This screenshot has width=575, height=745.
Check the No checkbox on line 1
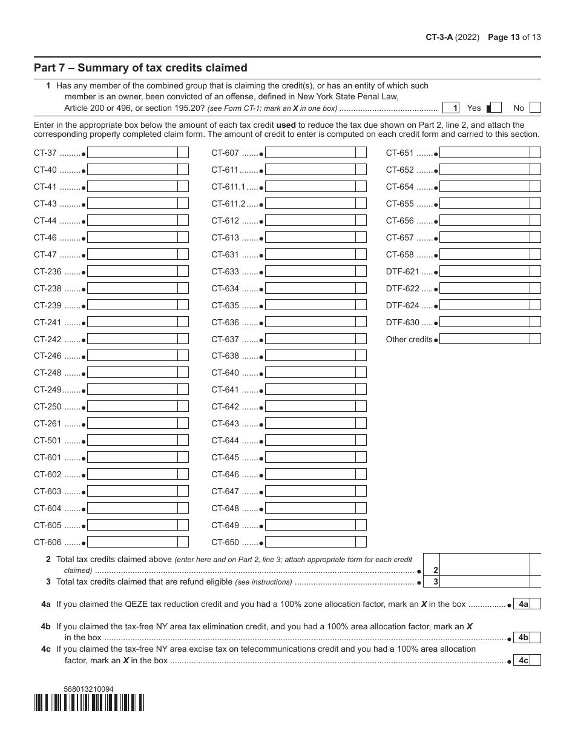coord(534,108)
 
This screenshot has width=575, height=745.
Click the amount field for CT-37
coord(133,153)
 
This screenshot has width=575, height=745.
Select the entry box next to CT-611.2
coord(310,204)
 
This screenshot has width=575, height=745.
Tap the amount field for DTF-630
coord(484,323)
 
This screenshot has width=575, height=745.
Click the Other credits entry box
coord(484,339)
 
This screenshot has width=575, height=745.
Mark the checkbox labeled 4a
coord(535,604)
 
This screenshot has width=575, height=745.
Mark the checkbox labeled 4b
coord(535,638)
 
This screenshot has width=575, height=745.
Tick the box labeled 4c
coord(535,661)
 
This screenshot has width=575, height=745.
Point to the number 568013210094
coord(88,689)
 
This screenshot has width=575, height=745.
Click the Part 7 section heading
coord(140,68)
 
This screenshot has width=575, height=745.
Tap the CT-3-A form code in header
coord(441,37)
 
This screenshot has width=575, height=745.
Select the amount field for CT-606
coord(133,543)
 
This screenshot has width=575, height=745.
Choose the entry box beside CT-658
coord(484,255)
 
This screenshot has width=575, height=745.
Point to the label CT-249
coord(48,390)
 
